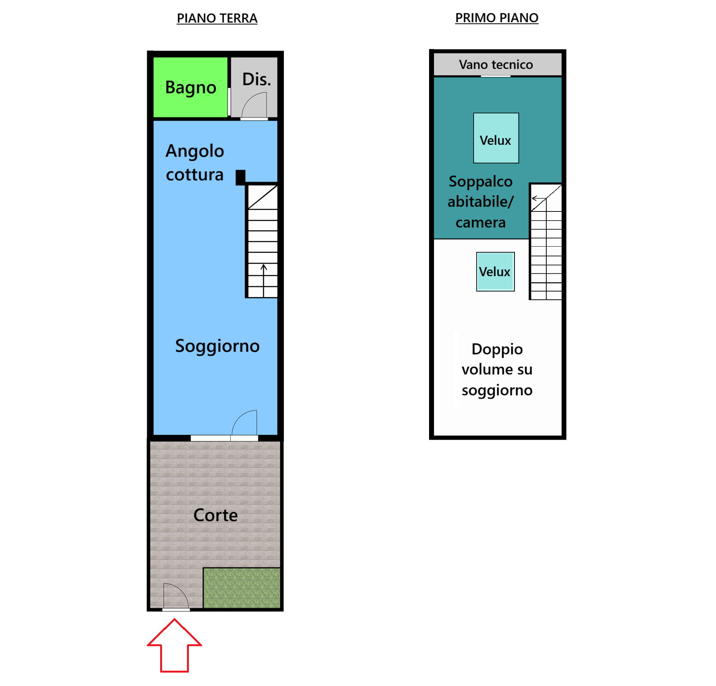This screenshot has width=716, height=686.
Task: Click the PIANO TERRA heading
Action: [217, 18]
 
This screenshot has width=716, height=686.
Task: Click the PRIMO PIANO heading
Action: [496, 18]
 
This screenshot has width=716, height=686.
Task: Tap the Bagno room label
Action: [190, 88]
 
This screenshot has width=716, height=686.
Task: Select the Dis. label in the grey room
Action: [256, 79]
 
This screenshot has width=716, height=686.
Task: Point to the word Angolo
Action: [195, 151]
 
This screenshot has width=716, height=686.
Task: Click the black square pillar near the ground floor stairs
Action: [240, 177]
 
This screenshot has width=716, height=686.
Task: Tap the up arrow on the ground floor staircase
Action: [264, 274]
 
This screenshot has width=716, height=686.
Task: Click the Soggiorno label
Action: [217, 346]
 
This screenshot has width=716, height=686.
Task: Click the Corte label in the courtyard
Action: [215, 515]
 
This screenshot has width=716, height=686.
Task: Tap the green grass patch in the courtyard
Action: [242, 588]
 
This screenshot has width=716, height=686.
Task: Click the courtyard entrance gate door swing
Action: [175, 596]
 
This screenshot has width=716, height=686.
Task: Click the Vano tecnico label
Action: [496, 65]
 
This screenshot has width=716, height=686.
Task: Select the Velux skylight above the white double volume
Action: [495, 272]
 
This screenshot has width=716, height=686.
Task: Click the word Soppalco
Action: [480, 182]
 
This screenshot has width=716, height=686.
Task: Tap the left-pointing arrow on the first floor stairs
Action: [538, 198]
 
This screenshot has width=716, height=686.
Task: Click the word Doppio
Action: [497, 349]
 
